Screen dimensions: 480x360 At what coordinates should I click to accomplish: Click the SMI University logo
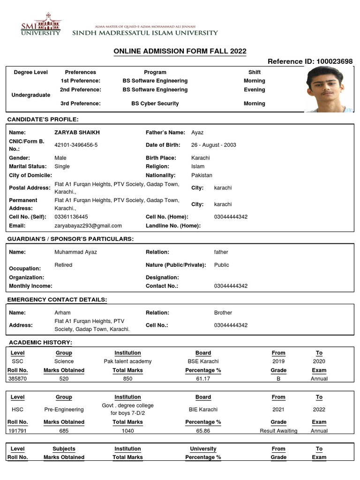click(41, 24)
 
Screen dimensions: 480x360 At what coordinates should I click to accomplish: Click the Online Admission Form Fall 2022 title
click(180, 51)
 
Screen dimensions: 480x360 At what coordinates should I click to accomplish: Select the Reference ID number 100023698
click(335, 61)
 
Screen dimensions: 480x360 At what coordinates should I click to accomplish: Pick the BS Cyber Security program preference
click(155, 104)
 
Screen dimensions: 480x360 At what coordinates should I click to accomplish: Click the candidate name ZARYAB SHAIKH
click(77, 133)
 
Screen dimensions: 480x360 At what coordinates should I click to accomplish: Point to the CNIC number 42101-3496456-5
click(76, 145)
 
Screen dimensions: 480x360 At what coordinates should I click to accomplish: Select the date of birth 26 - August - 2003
click(213, 145)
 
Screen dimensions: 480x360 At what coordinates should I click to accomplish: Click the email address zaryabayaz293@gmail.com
click(88, 225)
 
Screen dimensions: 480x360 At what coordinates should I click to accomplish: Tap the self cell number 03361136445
click(71, 217)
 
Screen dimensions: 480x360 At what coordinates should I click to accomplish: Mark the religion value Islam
click(198, 166)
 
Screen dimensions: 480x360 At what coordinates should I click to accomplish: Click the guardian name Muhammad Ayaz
click(76, 252)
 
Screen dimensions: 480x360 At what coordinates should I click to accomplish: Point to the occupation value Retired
click(63, 265)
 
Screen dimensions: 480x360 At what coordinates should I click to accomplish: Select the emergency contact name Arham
click(63, 313)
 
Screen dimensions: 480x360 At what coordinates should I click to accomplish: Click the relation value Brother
click(223, 313)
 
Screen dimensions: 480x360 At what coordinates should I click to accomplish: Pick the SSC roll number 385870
click(17, 379)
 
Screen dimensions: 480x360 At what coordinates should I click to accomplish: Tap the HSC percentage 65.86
click(203, 431)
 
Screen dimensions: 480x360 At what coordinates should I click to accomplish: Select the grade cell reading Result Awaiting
click(278, 431)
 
